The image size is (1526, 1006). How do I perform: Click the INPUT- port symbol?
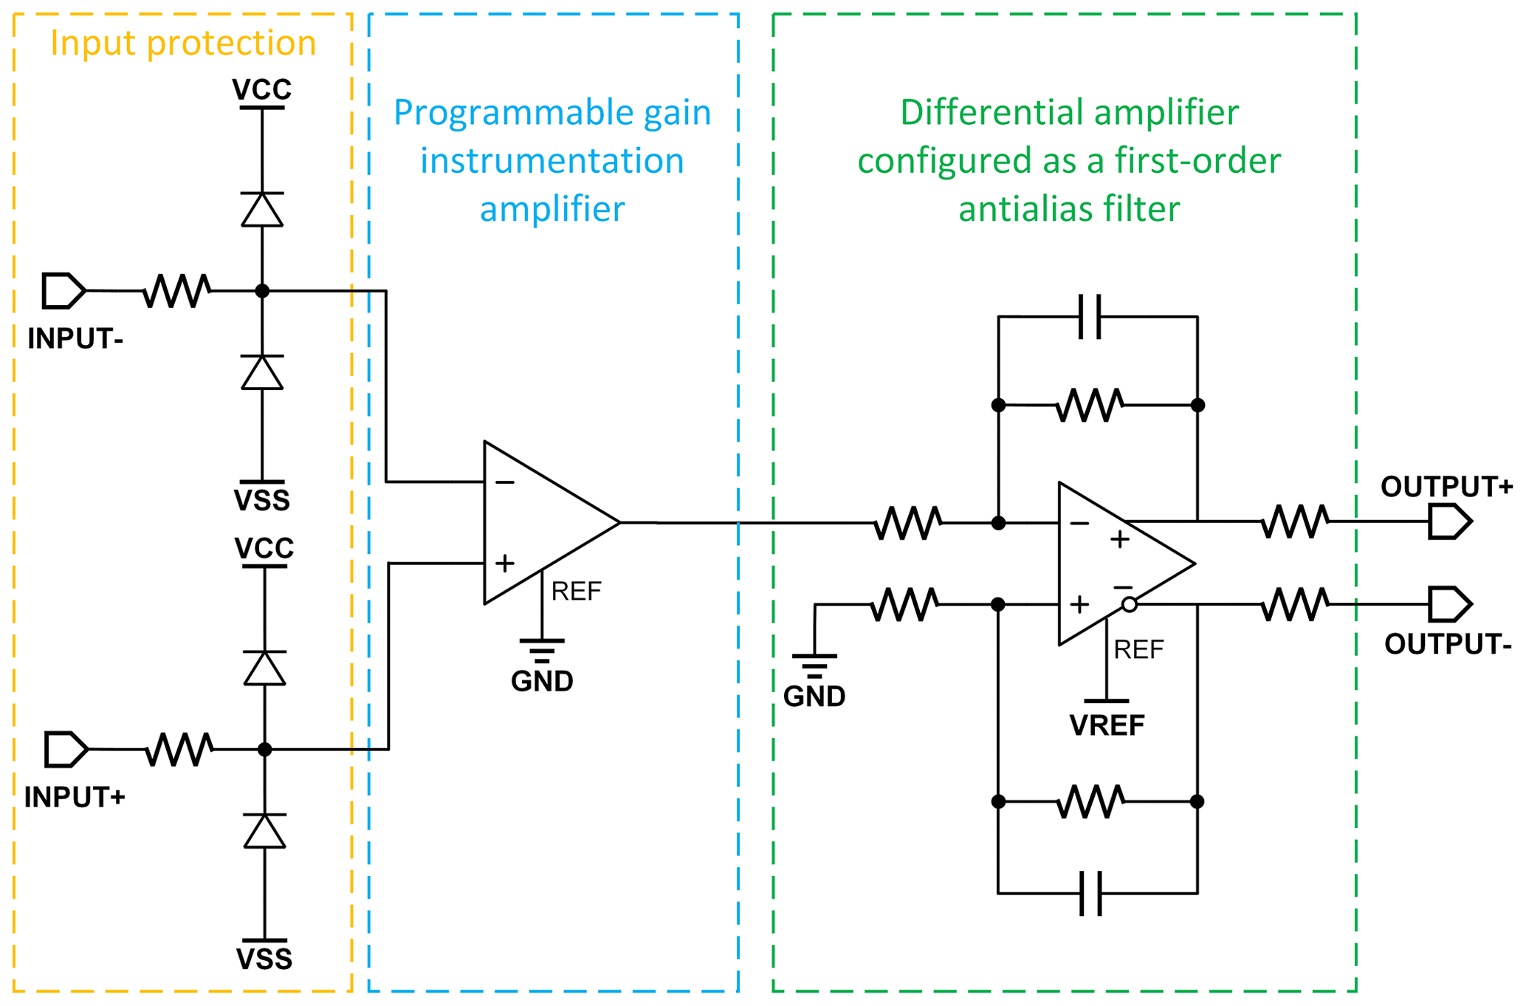[x=63, y=290]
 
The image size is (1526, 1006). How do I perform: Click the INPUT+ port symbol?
[x=66, y=749]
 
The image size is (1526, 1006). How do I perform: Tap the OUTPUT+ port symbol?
[x=1449, y=521]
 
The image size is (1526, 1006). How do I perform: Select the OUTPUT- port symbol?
[x=1449, y=604]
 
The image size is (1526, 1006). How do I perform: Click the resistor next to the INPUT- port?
[x=177, y=290]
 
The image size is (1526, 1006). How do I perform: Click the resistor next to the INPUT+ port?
[x=179, y=749]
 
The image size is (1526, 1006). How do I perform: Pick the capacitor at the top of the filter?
[x=1090, y=317]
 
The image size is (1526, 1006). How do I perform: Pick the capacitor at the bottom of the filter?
[x=1090, y=893]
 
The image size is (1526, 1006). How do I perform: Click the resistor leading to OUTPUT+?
[x=1296, y=521]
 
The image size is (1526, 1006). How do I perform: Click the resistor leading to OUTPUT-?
[x=1296, y=604]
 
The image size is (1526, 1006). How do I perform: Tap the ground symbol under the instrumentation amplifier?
[x=542, y=650]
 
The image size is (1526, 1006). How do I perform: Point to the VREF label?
[x=1107, y=725]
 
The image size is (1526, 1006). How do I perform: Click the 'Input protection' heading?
[x=183, y=43]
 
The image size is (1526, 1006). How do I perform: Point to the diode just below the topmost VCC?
[x=262, y=209]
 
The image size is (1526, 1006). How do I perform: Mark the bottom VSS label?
[x=264, y=959]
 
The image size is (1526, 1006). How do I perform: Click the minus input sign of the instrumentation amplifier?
[x=505, y=482]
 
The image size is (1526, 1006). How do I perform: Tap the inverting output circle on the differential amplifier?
[x=1129, y=605]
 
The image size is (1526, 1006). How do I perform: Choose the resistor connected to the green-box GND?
[x=905, y=604]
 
